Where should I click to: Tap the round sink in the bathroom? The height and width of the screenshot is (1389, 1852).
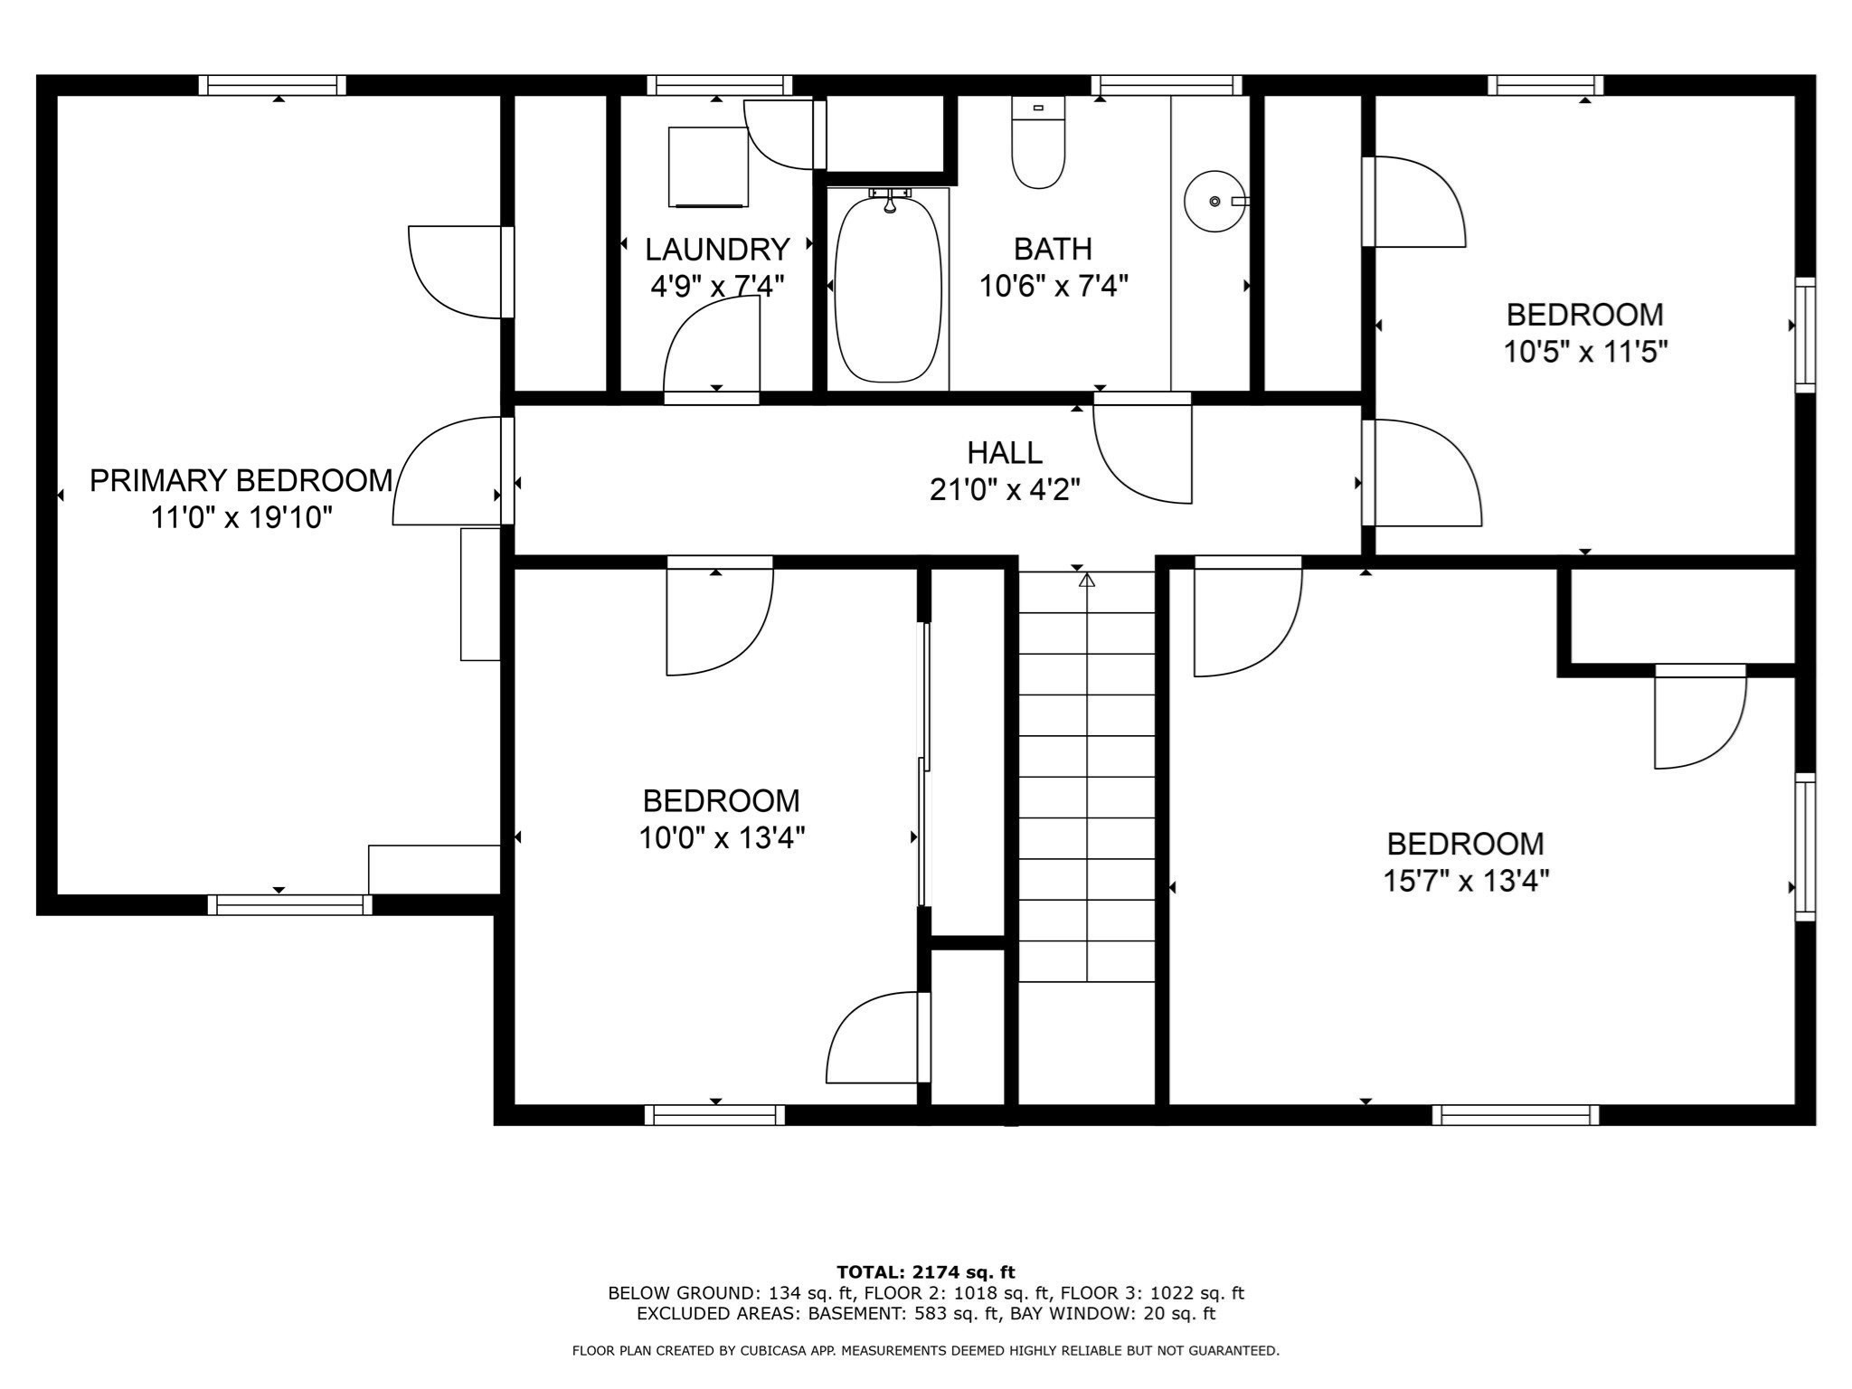pos(1214,201)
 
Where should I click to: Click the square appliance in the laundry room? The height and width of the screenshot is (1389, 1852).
pos(708,167)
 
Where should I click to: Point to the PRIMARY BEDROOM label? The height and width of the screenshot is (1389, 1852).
pos(241,480)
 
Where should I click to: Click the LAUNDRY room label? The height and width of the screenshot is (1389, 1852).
pos(717,249)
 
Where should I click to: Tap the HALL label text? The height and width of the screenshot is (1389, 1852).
pos(1005,452)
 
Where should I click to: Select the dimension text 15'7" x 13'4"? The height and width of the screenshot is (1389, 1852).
pos(1466,881)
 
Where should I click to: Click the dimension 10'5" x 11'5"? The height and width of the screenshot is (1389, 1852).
pos(1585,352)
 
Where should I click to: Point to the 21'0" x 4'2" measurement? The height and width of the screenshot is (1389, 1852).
pos(1005,490)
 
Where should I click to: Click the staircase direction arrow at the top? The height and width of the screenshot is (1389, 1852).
pos(1087,580)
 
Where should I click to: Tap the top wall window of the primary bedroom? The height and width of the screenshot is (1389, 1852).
pos(272,86)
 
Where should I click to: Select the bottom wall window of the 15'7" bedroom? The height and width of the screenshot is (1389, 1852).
pos(1516,1115)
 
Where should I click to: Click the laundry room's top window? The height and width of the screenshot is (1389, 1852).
pos(720,86)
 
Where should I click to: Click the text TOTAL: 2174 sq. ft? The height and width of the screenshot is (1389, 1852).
pos(926,1273)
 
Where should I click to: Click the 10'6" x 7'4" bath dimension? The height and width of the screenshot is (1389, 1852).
pos(1054,287)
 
